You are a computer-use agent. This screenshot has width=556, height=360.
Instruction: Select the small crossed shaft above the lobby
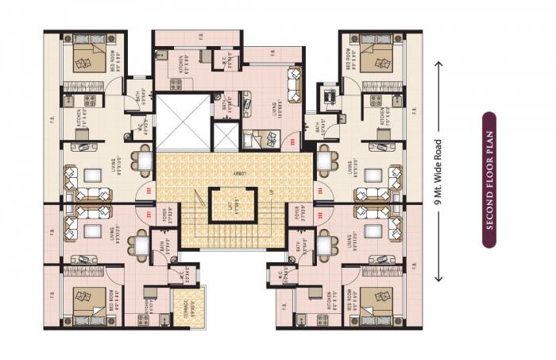(226, 137)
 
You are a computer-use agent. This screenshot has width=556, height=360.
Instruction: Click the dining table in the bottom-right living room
(325, 245)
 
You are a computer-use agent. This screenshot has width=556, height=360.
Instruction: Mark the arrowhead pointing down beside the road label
(438, 280)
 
